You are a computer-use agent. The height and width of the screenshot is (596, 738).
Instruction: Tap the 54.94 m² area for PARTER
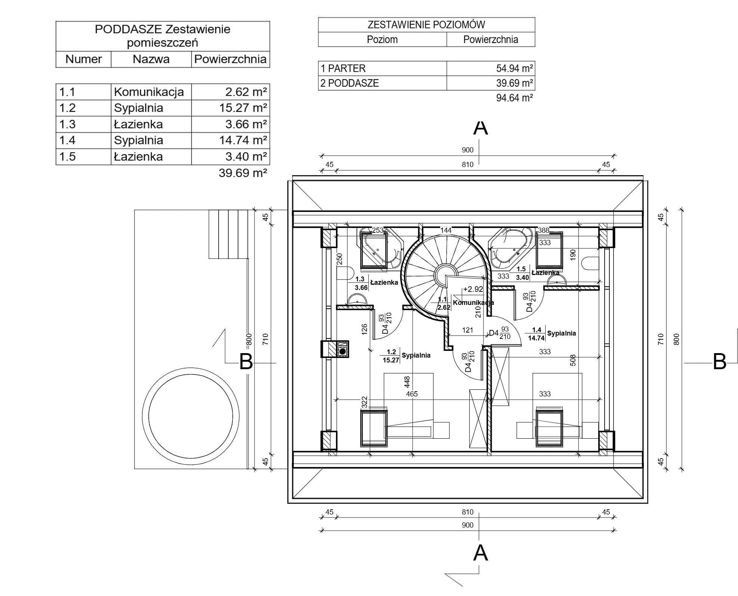click(514, 68)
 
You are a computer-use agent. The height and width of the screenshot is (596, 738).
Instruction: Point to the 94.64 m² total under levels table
click(514, 98)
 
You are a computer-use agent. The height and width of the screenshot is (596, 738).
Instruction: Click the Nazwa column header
click(151, 59)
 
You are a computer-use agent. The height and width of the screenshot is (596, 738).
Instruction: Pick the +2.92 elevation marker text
click(473, 289)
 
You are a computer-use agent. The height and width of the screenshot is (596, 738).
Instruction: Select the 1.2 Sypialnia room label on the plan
click(406, 356)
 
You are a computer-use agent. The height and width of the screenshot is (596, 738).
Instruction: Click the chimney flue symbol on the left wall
click(342, 351)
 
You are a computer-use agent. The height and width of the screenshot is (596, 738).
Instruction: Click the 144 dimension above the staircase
click(446, 231)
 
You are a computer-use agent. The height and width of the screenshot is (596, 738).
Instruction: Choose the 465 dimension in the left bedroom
click(412, 394)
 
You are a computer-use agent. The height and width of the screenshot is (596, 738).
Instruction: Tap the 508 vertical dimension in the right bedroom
click(573, 360)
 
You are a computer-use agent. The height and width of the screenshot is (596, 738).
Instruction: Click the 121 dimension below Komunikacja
click(467, 330)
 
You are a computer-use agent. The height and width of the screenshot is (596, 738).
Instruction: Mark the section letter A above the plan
click(481, 128)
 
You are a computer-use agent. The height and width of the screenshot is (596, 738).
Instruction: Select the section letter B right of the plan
click(720, 362)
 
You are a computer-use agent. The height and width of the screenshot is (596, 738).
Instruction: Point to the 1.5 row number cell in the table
click(68, 157)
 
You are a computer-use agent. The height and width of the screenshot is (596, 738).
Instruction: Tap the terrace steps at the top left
click(228, 234)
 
